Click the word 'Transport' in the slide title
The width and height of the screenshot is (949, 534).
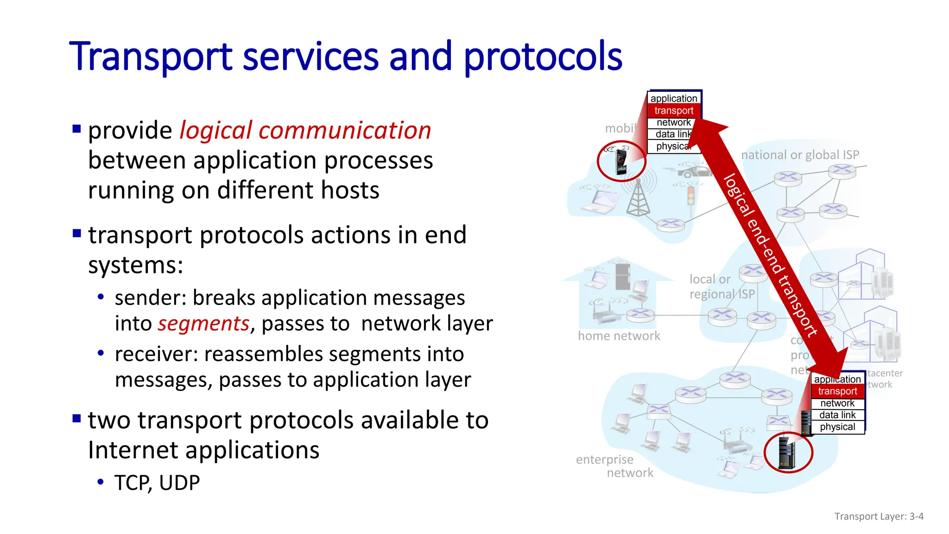tap(151, 57)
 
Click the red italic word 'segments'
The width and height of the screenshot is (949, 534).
tap(203, 324)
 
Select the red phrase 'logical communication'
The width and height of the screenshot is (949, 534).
tap(305, 131)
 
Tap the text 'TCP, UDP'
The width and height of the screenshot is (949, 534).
tap(157, 483)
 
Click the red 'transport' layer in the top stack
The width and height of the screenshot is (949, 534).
tap(674, 111)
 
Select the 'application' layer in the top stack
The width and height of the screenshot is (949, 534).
tap(674, 98)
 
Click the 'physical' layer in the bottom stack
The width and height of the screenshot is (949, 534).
tap(837, 427)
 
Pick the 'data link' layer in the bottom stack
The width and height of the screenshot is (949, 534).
tap(837, 415)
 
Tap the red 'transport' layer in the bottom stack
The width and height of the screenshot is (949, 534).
tap(837, 391)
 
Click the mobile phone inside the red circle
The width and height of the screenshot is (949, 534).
tap(621, 160)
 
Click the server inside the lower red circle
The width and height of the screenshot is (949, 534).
tap(787, 452)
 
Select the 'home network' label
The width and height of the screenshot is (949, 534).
tap(619, 336)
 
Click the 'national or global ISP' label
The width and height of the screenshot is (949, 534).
tap(800, 155)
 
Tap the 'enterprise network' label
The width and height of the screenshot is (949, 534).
tap(614, 466)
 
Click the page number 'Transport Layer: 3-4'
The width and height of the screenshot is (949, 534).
tap(879, 516)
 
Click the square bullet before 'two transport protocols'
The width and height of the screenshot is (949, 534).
tap(77, 419)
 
